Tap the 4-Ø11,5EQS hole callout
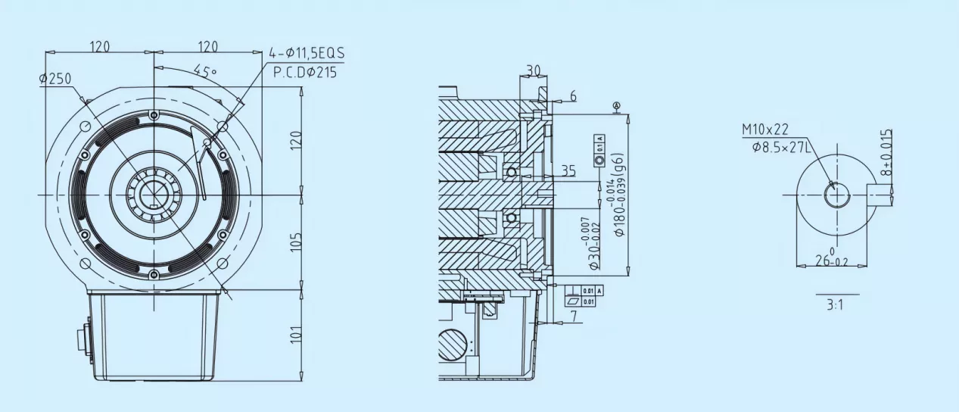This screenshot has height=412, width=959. pyautogui.click(x=307, y=54)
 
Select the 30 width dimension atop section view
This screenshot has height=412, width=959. pyautogui.click(x=534, y=70)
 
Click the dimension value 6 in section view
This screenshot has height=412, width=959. pyautogui.click(x=572, y=96)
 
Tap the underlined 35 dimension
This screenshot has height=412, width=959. pyautogui.click(x=568, y=171)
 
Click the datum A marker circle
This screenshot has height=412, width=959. pyautogui.click(x=617, y=105)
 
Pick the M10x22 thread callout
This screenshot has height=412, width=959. pyautogui.click(x=764, y=130)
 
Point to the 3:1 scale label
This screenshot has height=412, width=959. pyautogui.click(x=836, y=307)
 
